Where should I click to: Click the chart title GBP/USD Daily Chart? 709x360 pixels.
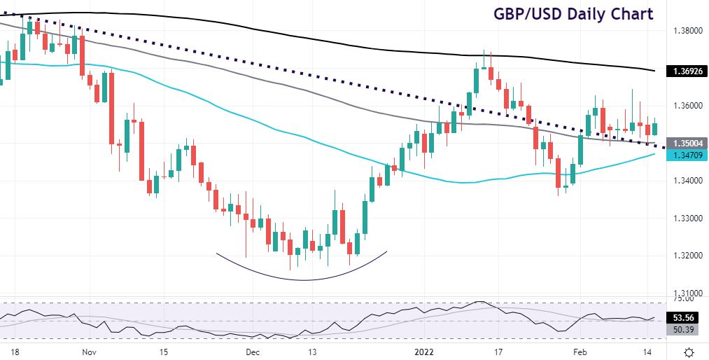[573, 14]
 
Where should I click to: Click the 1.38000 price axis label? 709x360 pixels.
[687, 31]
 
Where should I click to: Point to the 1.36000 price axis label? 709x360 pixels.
[687, 106]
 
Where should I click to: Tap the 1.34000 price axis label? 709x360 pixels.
[687, 181]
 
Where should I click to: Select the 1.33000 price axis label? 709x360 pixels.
[687, 218]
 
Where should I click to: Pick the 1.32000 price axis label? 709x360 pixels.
[687, 256]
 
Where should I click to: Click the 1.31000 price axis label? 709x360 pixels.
[687, 293]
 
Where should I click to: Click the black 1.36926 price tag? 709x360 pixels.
[688, 71]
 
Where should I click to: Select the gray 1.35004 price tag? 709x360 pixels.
[688, 143]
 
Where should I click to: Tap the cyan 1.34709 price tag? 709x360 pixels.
[688, 154]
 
